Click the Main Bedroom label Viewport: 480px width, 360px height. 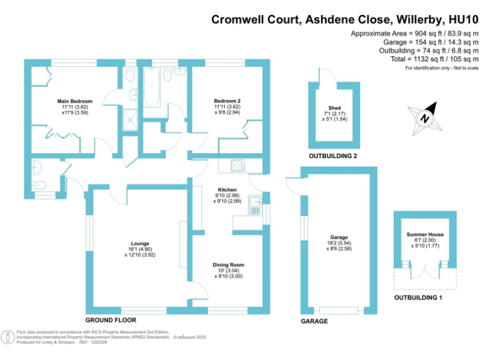[75, 101]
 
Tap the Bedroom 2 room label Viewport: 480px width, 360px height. [227, 101]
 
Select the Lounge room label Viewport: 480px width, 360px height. [139, 243]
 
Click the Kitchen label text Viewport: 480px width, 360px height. [227, 189]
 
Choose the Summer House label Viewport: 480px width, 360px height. [425, 234]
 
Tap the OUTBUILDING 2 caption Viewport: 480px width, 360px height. [332, 156]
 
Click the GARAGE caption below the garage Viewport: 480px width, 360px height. [314, 321]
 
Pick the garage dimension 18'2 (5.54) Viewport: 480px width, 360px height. [339, 243]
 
